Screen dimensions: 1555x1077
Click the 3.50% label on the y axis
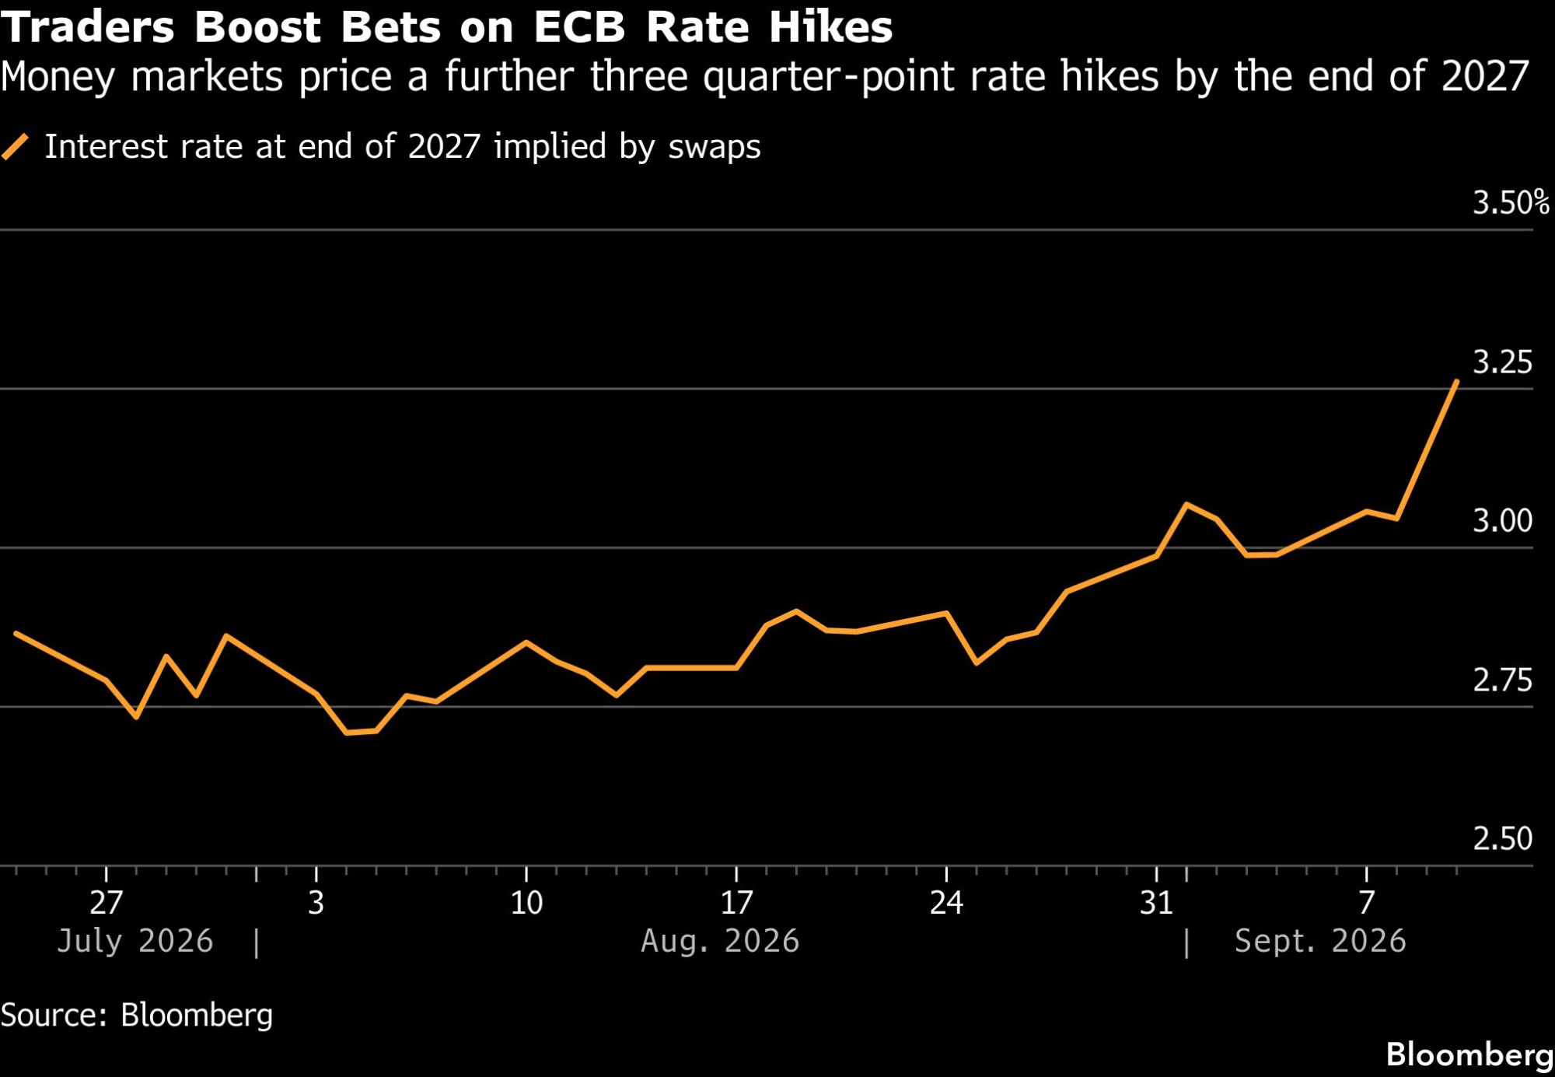(x=1511, y=203)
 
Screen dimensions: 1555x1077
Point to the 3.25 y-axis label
(x=1502, y=362)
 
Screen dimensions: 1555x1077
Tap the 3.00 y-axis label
(x=1502, y=521)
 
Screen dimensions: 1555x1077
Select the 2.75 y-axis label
(x=1502, y=680)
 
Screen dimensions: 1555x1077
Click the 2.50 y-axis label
(x=1502, y=839)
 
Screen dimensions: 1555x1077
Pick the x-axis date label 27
(x=106, y=903)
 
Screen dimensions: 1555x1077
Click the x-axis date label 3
(x=316, y=903)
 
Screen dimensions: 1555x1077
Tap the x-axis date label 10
(x=526, y=903)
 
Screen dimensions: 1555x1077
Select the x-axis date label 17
(x=736, y=903)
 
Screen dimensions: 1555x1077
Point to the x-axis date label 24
(x=946, y=903)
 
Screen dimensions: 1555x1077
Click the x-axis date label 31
(x=1156, y=903)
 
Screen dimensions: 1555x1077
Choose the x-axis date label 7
(x=1367, y=903)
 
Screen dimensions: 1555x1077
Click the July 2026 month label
(x=135, y=942)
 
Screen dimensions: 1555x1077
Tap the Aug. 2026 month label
(x=720, y=942)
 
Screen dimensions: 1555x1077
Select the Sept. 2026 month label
(x=1320, y=942)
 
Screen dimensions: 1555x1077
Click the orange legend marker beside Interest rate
(x=16, y=147)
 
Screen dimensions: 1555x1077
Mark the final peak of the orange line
(x=1456, y=382)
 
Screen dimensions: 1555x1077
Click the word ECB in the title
(x=579, y=27)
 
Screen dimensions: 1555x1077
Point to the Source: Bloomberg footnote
(x=137, y=1016)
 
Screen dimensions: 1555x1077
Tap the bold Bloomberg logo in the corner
(x=1469, y=1055)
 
